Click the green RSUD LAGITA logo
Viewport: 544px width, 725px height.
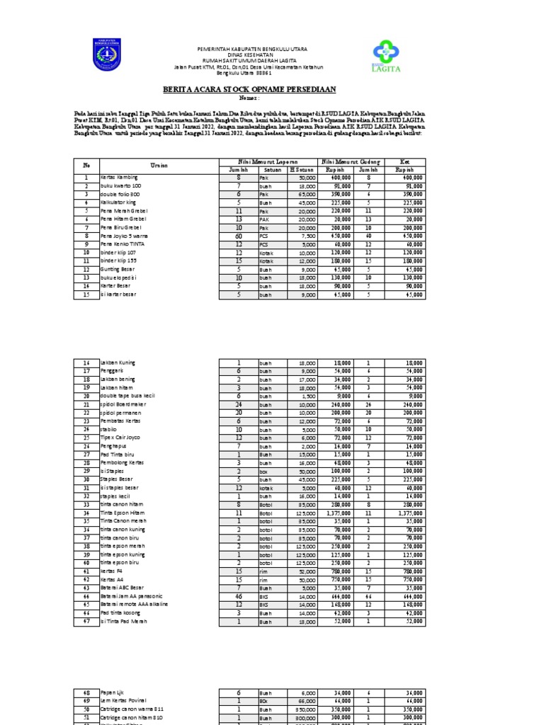pos(387,57)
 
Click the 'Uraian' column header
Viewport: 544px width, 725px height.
pos(158,165)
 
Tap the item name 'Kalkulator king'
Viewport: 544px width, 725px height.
pos(119,202)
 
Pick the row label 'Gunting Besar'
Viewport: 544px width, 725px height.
pos(117,269)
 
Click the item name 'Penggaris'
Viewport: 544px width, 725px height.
pos(113,370)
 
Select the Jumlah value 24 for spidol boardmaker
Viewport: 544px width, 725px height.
pos(239,404)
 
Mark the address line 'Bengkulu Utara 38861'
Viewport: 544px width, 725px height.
pos(244,73)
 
